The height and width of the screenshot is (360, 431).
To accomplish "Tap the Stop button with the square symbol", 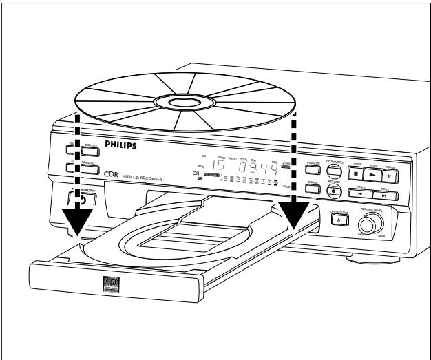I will [355, 176].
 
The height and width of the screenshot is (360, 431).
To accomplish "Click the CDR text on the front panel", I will [112, 175].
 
